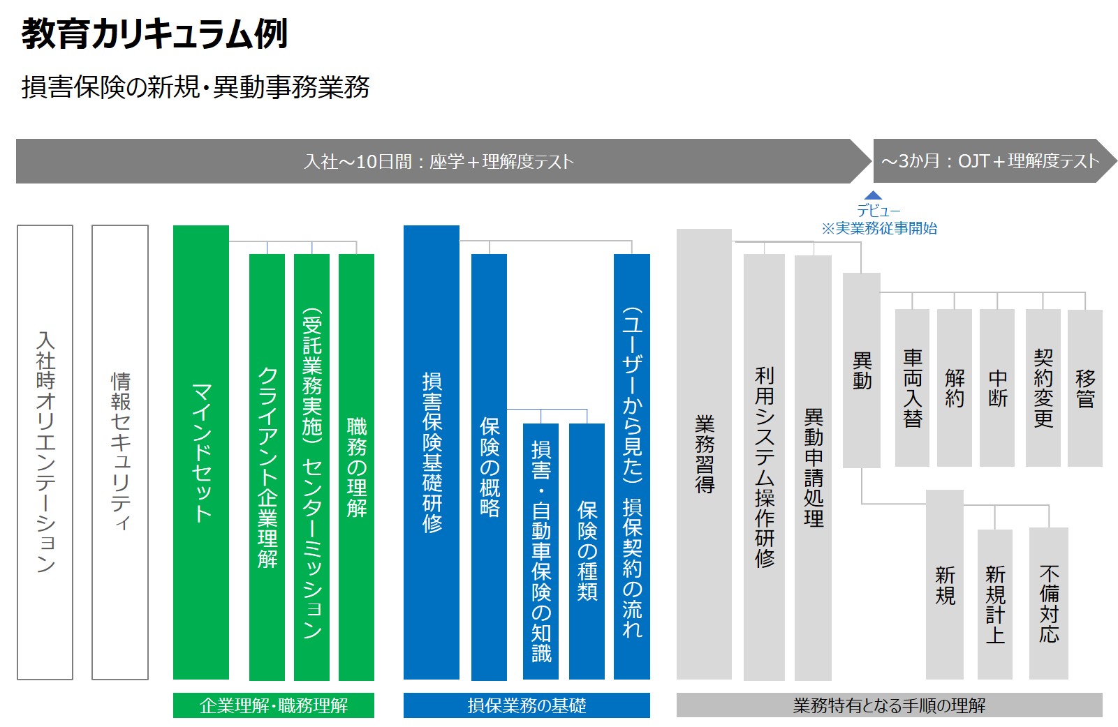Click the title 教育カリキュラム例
[154, 34]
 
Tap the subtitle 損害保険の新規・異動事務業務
[195, 87]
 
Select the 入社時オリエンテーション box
[45, 452]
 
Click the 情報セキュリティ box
[120, 452]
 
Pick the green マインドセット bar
[201, 452]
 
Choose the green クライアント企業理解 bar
[267, 467]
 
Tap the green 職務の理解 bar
[356, 467]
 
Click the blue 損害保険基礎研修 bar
[432, 452]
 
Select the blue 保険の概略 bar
[489, 467]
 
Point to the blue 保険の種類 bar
[587, 551]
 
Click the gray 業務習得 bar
[704, 454]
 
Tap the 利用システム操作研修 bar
[764, 467]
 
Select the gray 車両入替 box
[913, 388]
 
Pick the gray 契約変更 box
[1043, 388]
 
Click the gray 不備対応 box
[1049, 604]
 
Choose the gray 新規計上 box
[994, 604]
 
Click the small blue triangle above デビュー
[873, 195]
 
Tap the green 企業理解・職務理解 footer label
[274, 705]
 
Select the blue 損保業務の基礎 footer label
[527, 705]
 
